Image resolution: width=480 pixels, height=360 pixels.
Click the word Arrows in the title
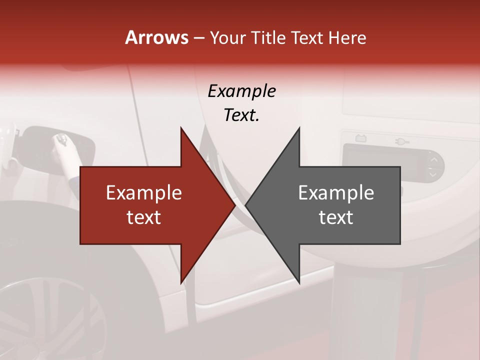156,37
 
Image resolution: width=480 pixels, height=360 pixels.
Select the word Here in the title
347,38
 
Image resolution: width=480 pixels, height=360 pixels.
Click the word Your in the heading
227,38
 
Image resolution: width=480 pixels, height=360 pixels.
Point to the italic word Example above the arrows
241,91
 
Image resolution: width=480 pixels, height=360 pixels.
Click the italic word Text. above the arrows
241,115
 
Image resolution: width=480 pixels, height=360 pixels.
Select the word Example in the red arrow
144,192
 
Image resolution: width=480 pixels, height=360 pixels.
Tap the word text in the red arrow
144,217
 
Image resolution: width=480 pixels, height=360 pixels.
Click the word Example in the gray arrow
336,192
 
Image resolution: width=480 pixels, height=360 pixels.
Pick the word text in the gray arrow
336,217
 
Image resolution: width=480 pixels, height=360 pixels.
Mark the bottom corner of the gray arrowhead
299,282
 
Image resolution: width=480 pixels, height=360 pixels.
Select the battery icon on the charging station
360,137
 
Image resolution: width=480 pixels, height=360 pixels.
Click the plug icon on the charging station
402,141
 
